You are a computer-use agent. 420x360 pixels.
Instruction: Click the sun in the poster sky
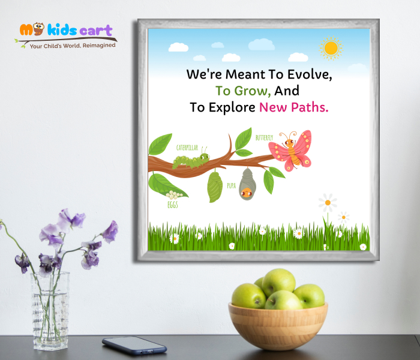(x=331, y=48)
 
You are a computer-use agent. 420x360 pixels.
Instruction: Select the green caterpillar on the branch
(x=191, y=160)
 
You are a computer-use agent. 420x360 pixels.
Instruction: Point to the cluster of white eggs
(x=175, y=195)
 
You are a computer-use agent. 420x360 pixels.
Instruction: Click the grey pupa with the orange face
(x=245, y=184)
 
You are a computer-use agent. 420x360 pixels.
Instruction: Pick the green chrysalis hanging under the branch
(x=215, y=187)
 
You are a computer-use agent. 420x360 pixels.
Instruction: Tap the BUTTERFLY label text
(x=264, y=138)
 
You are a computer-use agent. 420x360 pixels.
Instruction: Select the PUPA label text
(x=231, y=186)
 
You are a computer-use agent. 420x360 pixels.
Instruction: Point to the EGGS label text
(x=173, y=205)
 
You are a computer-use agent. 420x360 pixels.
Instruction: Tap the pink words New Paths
(x=293, y=108)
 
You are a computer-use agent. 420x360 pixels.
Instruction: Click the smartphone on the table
(x=134, y=345)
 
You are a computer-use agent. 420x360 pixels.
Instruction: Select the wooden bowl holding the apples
(x=278, y=325)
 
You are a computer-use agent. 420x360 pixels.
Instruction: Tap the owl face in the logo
(x=39, y=29)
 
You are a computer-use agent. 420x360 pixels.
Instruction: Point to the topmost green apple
(x=278, y=281)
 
